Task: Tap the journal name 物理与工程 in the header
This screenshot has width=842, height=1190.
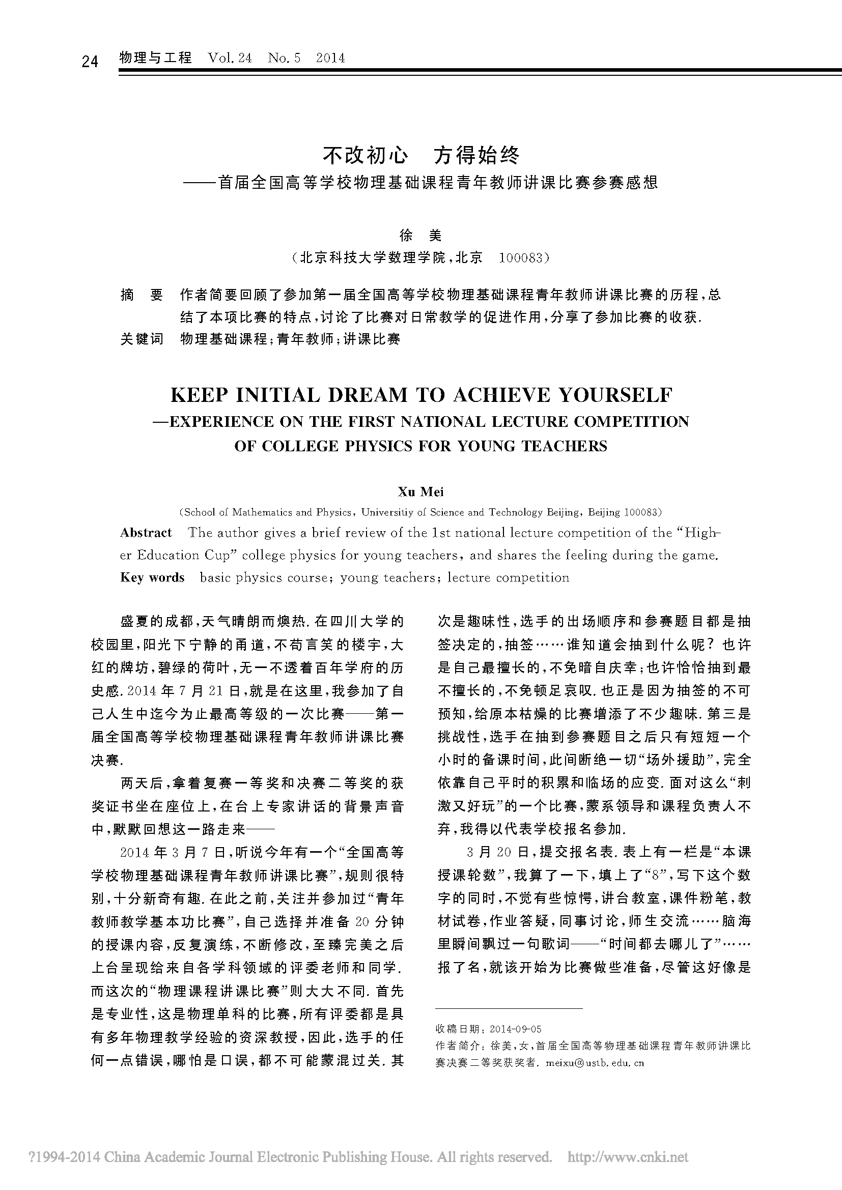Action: click(x=156, y=57)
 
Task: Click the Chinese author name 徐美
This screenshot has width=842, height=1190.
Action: click(x=420, y=236)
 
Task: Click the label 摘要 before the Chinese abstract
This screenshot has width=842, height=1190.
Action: click(x=142, y=296)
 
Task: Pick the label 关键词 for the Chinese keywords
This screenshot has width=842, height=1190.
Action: click(x=142, y=339)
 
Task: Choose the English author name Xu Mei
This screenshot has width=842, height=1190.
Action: click(x=420, y=492)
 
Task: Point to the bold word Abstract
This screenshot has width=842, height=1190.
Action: click(x=146, y=533)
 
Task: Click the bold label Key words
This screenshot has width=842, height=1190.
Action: click(x=152, y=577)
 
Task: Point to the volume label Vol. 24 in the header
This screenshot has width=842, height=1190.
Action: click(x=230, y=57)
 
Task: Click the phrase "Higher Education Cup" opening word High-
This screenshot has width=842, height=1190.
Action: click(x=702, y=533)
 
